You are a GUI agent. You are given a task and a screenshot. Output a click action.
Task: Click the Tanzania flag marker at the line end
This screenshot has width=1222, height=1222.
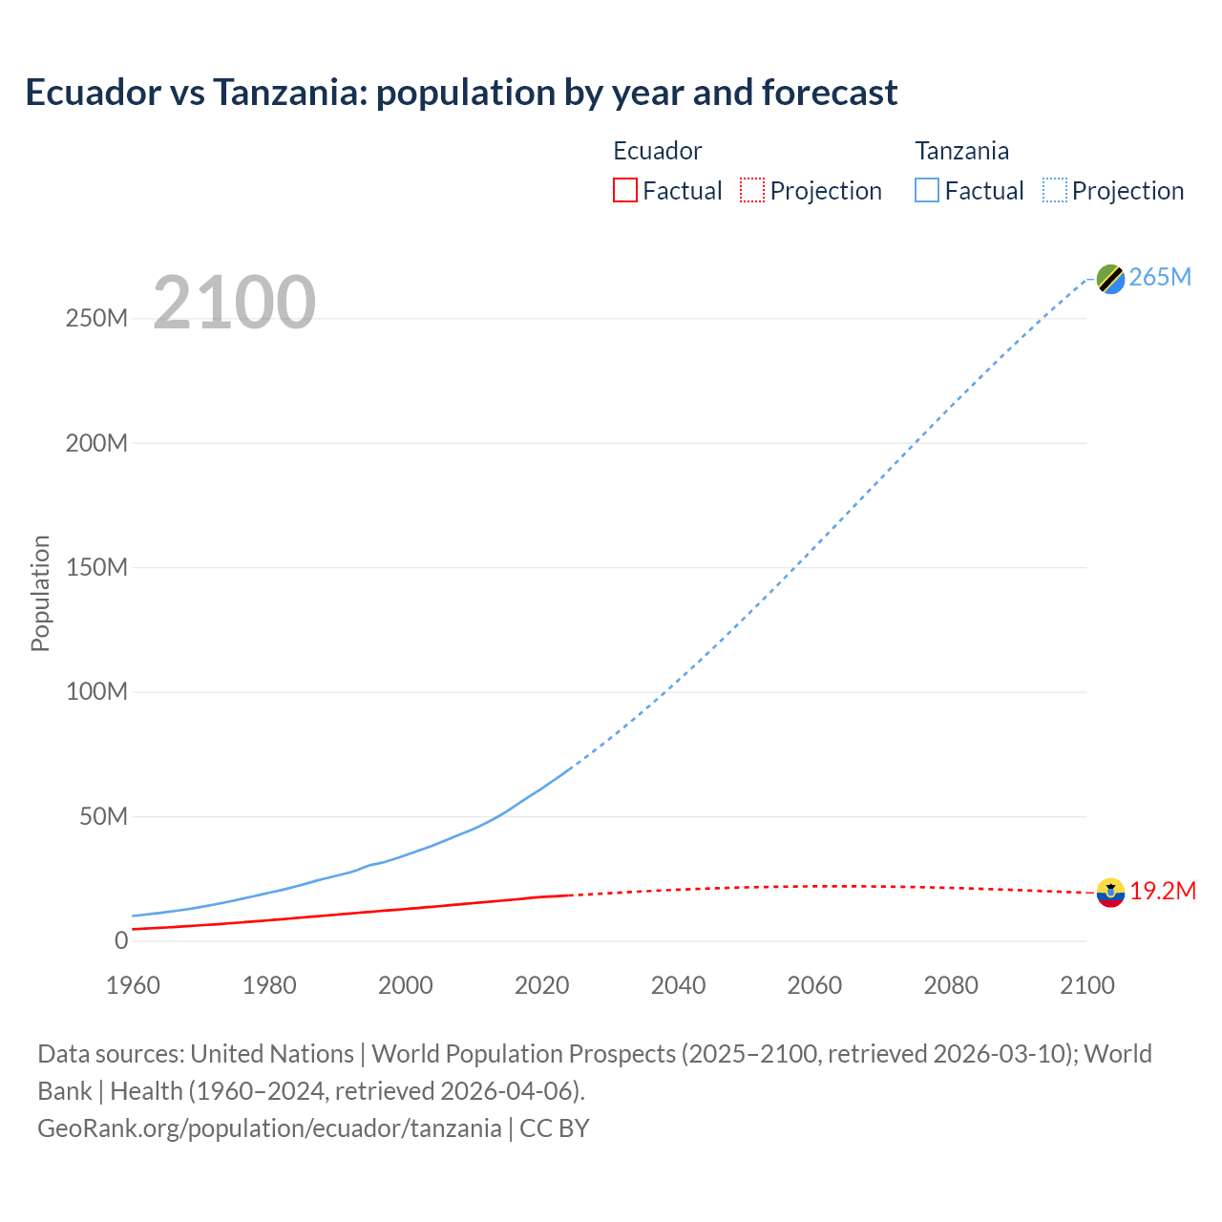(1110, 279)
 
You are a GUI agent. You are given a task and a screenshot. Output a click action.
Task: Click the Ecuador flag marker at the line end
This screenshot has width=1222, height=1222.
(1110, 893)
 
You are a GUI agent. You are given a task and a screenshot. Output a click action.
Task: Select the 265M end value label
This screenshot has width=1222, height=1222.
(1160, 277)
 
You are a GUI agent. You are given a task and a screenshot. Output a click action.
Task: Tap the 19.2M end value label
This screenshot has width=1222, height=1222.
(1163, 891)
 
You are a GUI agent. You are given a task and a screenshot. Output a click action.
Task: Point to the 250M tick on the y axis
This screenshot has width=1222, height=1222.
(96, 318)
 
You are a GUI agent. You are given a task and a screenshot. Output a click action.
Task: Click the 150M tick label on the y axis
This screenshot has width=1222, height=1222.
(96, 567)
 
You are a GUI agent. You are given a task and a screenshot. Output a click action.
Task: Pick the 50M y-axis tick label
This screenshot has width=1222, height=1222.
(103, 816)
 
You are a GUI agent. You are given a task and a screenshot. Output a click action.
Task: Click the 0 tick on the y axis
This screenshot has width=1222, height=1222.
(120, 940)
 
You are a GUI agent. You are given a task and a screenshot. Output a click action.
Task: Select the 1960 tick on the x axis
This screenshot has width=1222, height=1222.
(133, 985)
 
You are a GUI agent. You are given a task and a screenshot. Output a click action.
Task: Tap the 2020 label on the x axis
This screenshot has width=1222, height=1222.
(541, 985)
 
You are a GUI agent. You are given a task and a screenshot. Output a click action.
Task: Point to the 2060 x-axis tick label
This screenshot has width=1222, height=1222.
(814, 985)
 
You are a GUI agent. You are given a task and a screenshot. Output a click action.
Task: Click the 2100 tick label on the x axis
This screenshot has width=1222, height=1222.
(1086, 985)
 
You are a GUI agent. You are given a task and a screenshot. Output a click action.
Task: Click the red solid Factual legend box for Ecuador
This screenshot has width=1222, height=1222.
(625, 190)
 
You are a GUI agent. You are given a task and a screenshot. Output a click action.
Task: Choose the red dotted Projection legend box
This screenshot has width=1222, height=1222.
(752, 190)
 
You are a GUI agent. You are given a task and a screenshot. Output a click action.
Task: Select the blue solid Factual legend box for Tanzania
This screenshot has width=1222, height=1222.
(927, 190)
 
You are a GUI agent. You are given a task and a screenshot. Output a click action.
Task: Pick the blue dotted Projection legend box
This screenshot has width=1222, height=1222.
(1055, 190)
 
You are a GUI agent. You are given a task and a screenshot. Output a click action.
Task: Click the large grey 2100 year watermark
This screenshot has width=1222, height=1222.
(234, 302)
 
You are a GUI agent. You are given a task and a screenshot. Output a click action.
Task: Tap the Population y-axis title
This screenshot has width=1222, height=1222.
(40, 593)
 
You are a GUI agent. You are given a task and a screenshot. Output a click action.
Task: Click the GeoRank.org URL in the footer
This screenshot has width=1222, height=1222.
(269, 1127)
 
